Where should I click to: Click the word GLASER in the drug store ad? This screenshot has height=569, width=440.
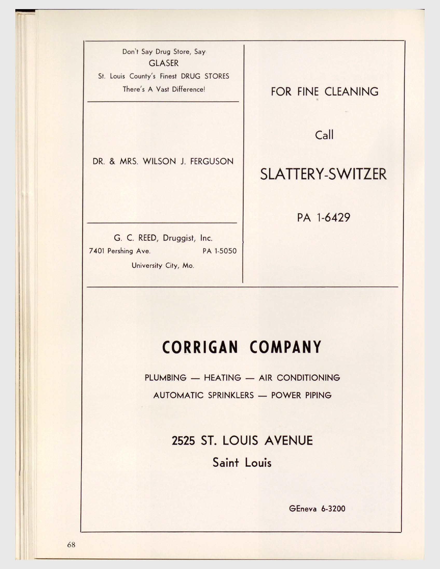point(163,63)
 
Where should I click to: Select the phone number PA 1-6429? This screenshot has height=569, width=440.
point(324,217)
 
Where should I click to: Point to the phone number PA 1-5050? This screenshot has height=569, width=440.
point(219,251)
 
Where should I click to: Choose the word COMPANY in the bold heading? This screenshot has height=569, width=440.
point(285,347)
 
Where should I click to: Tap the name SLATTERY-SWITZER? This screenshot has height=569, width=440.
point(323,174)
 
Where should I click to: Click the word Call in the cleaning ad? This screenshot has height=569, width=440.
point(324,135)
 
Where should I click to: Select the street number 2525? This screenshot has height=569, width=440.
point(183,441)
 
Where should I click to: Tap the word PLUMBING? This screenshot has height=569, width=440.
point(166,377)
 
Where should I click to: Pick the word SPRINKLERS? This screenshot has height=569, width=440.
point(231,395)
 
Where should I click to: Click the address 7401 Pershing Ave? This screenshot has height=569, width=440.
point(120,251)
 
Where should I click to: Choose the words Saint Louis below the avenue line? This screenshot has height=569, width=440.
point(242,463)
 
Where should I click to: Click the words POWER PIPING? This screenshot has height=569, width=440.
point(301,395)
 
